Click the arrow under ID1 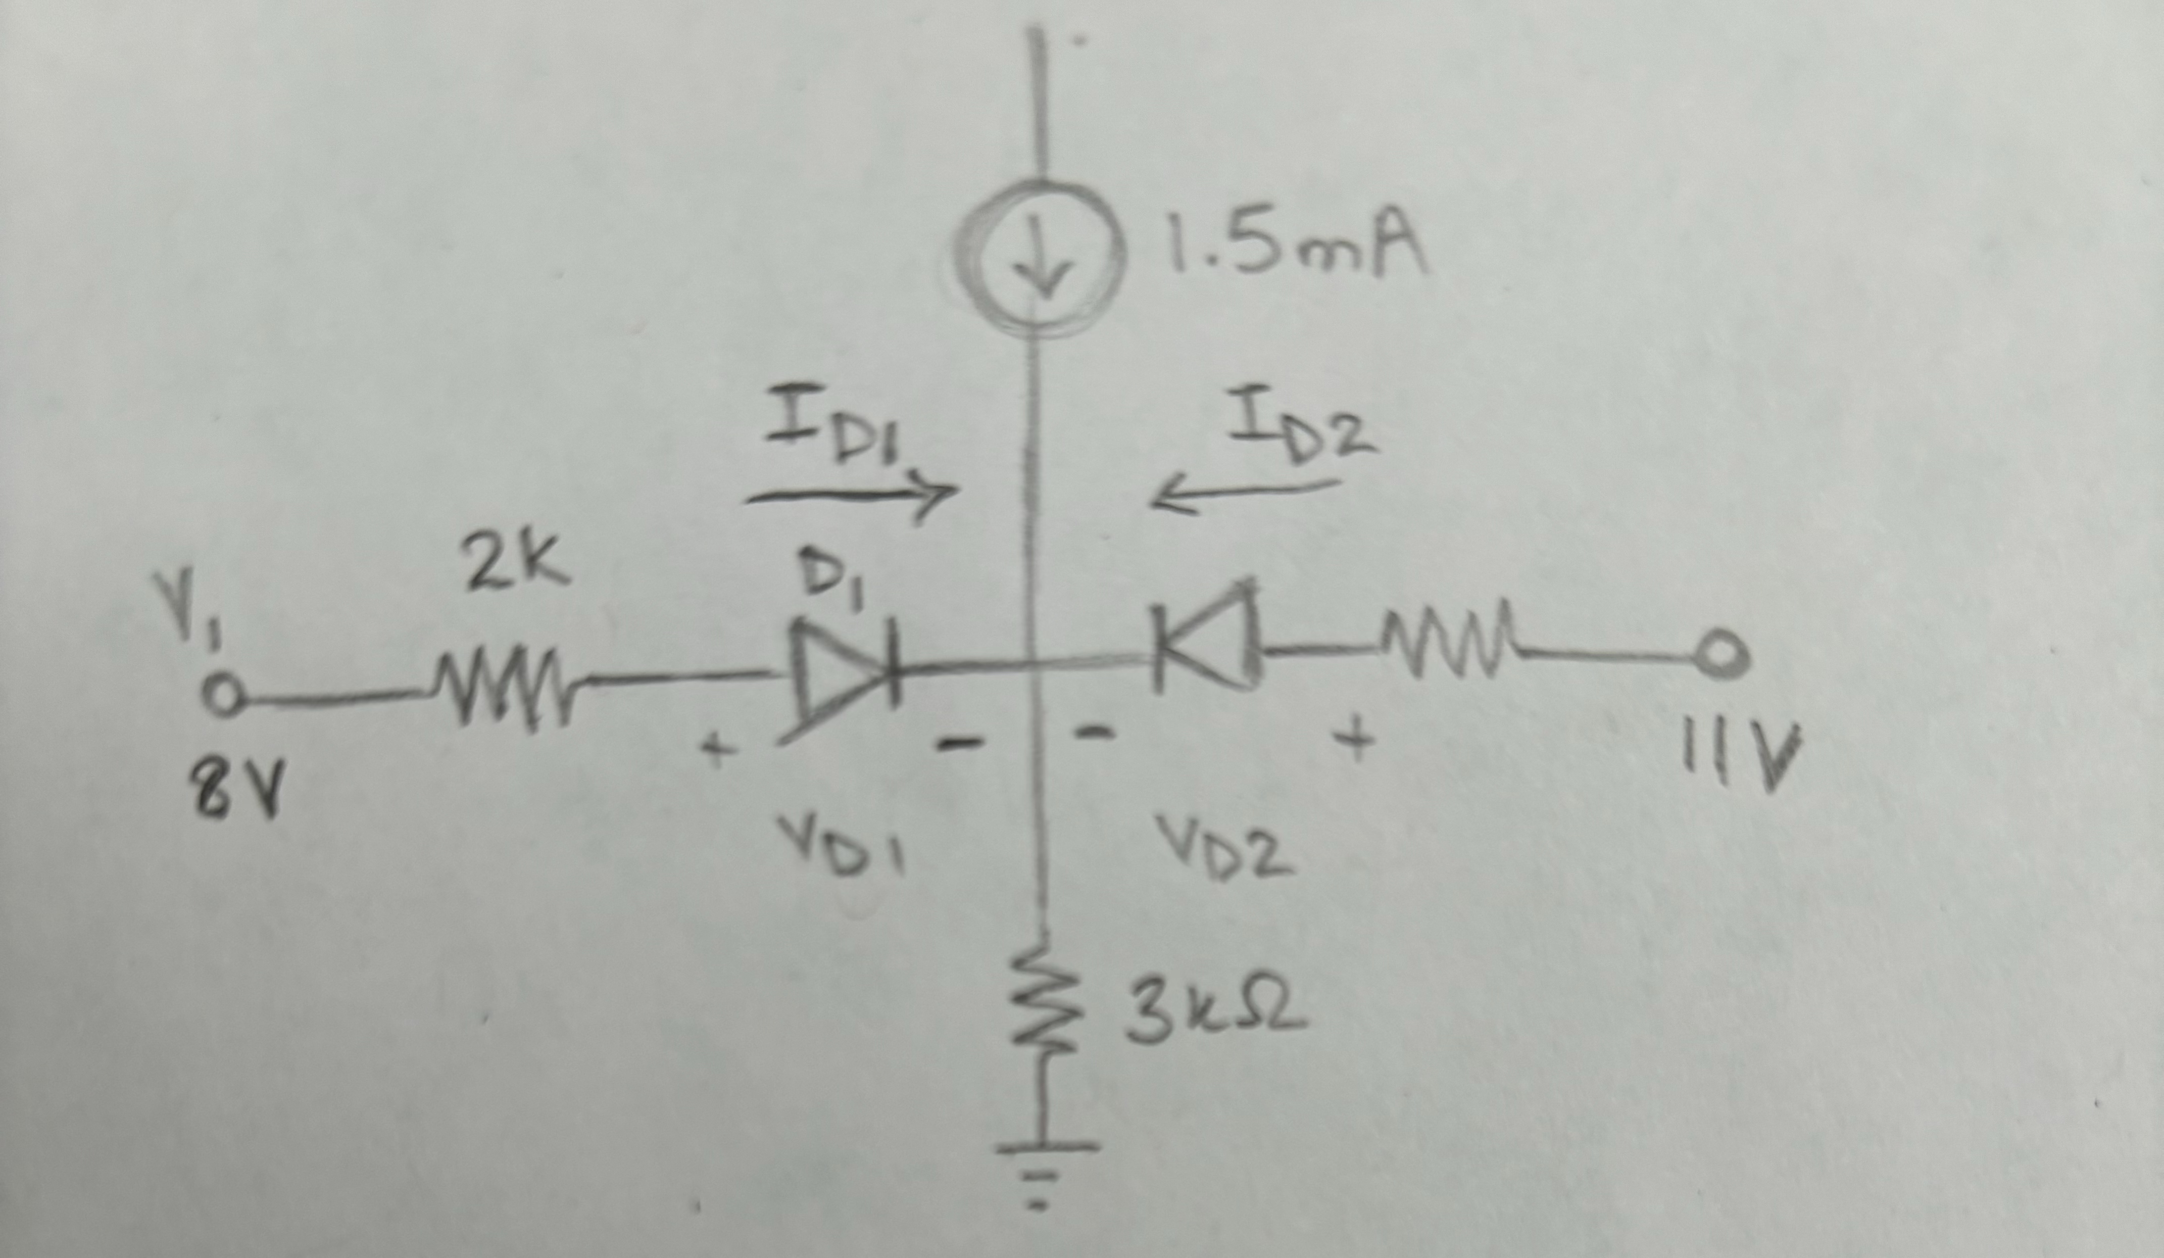pyautogui.click(x=850, y=496)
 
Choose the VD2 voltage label pyautogui.click(x=1223, y=846)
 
